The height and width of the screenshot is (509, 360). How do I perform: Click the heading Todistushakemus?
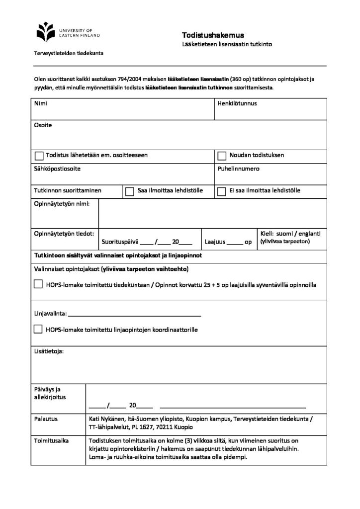coord(213,35)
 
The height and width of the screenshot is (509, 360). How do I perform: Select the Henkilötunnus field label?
coord(237,104)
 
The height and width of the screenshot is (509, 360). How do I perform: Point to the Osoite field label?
coord(43,125)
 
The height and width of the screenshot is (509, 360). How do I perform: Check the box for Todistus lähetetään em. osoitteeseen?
coord(38,156)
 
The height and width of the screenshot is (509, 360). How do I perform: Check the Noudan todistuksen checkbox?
coord(222,156)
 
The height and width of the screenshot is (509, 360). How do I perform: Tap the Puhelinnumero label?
coord(239,169)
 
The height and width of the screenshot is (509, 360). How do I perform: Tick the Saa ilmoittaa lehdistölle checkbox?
coord(130,191)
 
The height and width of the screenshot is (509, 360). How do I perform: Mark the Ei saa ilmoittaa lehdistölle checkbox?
coord(222,191)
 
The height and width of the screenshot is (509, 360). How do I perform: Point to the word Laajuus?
coord(215,243)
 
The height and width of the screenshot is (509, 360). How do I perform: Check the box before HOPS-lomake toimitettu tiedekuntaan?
coord(38,285)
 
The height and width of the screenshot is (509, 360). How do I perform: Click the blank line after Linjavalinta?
coord(134,315)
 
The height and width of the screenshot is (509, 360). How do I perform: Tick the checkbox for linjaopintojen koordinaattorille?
coord(38,329)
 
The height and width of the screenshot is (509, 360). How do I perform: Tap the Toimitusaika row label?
coord(51,440)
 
